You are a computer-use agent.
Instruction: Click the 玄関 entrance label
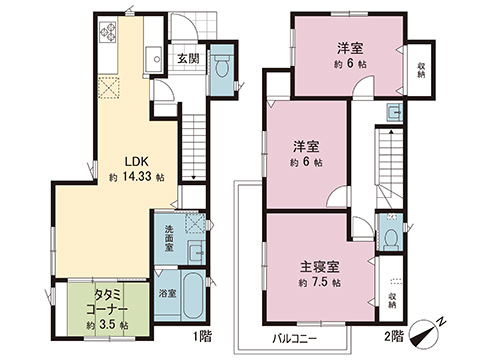pos(188,59)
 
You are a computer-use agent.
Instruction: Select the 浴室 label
pos(168,293)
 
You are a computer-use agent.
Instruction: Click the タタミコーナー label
pos(107,303)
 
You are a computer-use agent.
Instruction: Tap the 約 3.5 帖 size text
pos(107,325)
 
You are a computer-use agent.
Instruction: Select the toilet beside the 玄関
pos(222,57)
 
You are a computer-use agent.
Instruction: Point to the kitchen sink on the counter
pos(155,55)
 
